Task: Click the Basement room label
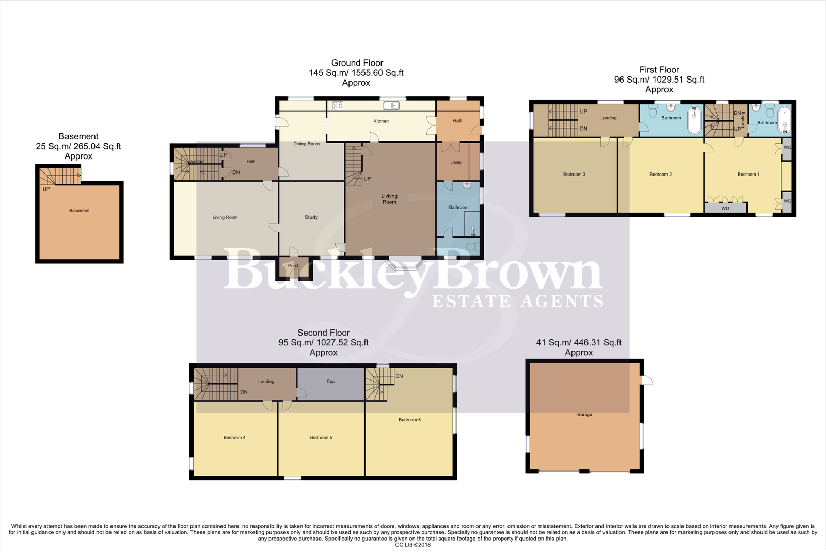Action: (79, 210)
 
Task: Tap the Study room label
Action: (311, 217)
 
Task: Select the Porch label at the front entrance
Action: (294, 266)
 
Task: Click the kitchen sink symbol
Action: (391, 106)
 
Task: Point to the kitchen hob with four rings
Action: (338, 106)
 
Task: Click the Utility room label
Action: (456, 163)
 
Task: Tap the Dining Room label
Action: (306, 144)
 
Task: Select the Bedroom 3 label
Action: (574, 175)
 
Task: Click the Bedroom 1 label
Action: (748, 175)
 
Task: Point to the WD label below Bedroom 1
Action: (725, 209)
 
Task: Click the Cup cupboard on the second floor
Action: (331, 382)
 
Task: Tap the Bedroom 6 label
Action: (409, 420)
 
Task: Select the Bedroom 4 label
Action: (234, 438)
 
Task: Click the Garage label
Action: (584, 415)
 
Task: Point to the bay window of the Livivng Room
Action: (405, 264)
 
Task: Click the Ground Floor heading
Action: (357, 63)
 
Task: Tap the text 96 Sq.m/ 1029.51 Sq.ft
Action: (659, 80)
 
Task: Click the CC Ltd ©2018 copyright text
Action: (412, 545)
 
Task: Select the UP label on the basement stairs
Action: (46, 189)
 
